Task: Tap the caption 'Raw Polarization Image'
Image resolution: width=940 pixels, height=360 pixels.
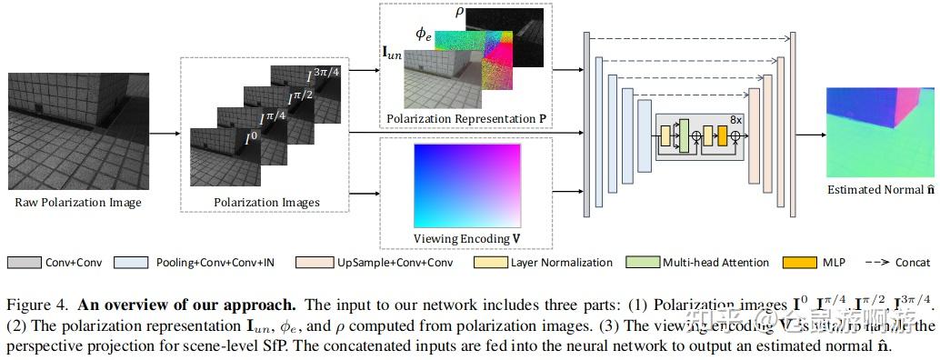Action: pyautogui.click(x=78, y=202)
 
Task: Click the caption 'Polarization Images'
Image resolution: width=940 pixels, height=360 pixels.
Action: pyautogui.click(x=266, y=202)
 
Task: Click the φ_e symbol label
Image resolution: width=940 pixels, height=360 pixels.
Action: pyautogui.click(x=424, y=34)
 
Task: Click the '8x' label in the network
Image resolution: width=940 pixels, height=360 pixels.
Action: pyautogui.click(x=737, y=119)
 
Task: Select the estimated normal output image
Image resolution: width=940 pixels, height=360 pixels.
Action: pyautogui.click(x=878, y=133)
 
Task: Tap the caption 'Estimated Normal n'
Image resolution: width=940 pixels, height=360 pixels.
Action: pyautogui.click(x=878, y=190)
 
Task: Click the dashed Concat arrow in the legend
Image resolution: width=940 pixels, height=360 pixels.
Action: pyautogui.click(x=875, y=263)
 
